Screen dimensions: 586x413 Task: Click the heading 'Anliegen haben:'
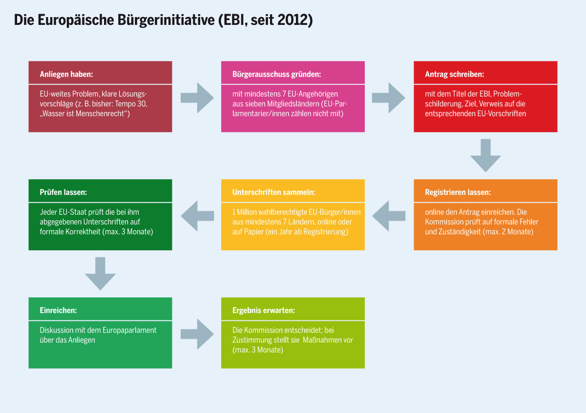pos(66,74)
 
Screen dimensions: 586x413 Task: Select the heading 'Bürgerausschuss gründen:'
pos(276,74)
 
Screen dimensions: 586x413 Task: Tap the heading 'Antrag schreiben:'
pos(455,74)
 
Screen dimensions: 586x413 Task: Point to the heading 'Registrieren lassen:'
pos(458,192)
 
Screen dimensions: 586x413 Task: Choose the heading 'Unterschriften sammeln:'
pos(273,192)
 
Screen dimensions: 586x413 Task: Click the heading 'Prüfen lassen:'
pos(63,192)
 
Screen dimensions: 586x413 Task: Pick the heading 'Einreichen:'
pos(58,310)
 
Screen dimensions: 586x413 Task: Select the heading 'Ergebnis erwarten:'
pos(263,310)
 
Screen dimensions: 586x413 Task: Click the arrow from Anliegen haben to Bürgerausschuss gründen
pos(197,98)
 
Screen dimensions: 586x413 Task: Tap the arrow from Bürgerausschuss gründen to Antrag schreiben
pos(389,98)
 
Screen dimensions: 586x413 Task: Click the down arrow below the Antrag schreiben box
pos(485,156)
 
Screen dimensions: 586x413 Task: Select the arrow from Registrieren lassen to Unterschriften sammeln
pos(389,216)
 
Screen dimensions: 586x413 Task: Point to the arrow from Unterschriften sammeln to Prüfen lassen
pos(197,216)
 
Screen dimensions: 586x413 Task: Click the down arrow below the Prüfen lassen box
pos(100,273)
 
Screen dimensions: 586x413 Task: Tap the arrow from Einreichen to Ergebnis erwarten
pos(197,334)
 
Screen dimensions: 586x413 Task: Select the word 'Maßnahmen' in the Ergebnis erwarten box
pos(328,340)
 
